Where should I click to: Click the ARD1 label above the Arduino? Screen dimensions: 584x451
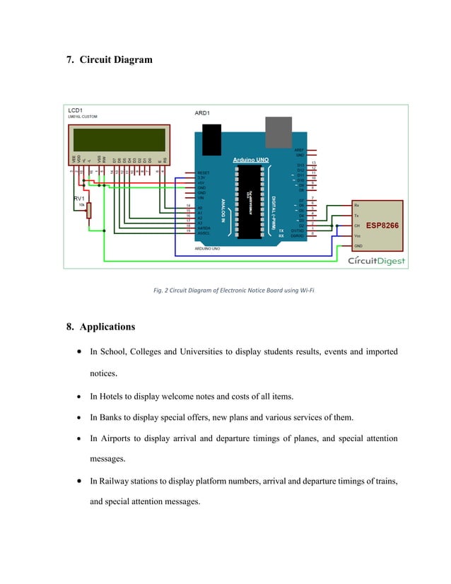[x=203, y=113]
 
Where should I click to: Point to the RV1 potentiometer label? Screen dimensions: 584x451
[x=80, y=199]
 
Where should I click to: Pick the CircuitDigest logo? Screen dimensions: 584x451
[x=376, y=261]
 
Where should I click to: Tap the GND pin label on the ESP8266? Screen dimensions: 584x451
[x=358, y=245]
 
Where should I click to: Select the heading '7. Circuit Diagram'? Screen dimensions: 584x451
[x=109, y=59]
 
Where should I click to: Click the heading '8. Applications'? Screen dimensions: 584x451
[x=100, y=327]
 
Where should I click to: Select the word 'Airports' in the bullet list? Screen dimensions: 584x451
[x=119, y=438]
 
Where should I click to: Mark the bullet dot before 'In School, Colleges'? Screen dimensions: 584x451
[x=76, y=351]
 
